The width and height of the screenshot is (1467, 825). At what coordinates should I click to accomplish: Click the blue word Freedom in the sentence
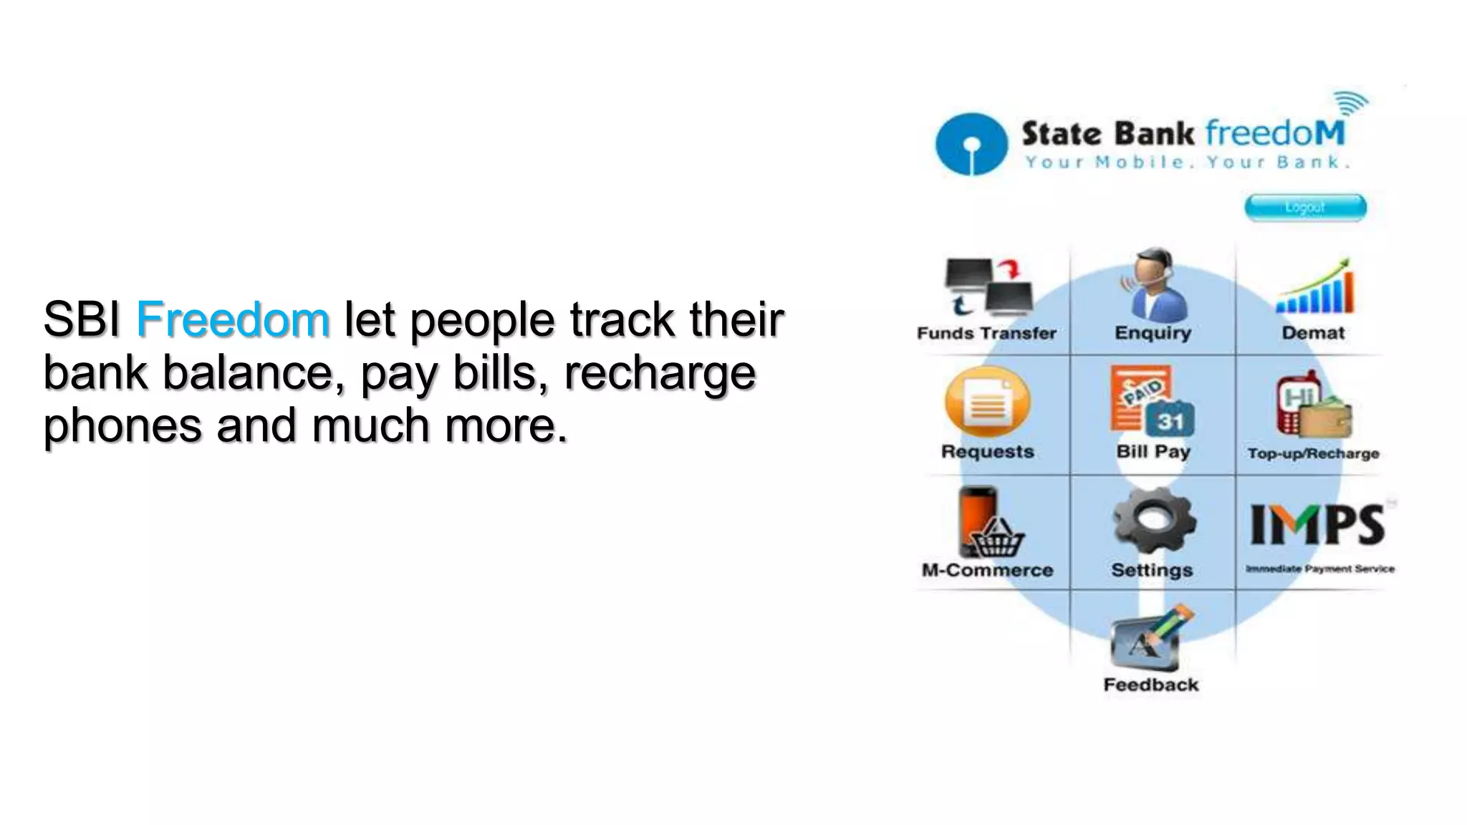(x=233, y=319)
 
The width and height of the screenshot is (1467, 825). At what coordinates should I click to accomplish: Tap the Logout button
(x=1305, y=208)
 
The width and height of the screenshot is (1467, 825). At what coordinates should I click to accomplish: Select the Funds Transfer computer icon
(x=988, y=289)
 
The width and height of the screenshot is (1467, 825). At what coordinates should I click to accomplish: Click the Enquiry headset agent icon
(x=1153, y=286)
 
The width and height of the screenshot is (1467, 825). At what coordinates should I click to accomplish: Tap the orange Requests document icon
(x=987, y=402)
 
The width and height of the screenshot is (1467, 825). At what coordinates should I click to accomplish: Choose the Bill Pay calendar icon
(x=1152, y=402)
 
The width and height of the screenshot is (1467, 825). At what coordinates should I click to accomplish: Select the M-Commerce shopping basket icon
(x=988, y=524)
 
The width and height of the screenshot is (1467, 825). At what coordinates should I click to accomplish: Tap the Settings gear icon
(x=1153, y=521)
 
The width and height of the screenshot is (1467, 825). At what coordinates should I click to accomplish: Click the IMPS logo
(x=1317, y=525)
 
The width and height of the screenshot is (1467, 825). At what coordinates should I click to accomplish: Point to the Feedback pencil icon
(x=1150, y=637)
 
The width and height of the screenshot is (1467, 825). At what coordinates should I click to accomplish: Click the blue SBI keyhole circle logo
(x=971, y=144)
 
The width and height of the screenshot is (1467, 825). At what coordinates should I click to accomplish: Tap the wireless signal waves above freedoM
(x=1351, y=104)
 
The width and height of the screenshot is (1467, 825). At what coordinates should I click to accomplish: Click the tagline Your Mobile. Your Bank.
(x=1186, y=163)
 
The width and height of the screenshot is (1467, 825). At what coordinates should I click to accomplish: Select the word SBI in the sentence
(x=82, y=319)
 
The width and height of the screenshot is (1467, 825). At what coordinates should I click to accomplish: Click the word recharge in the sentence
(x=660, y=372)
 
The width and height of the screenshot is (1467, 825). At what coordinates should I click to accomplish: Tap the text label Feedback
(x=1150, y=685)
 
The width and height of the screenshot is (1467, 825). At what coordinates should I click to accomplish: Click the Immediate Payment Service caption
(x=1319, y=569)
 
